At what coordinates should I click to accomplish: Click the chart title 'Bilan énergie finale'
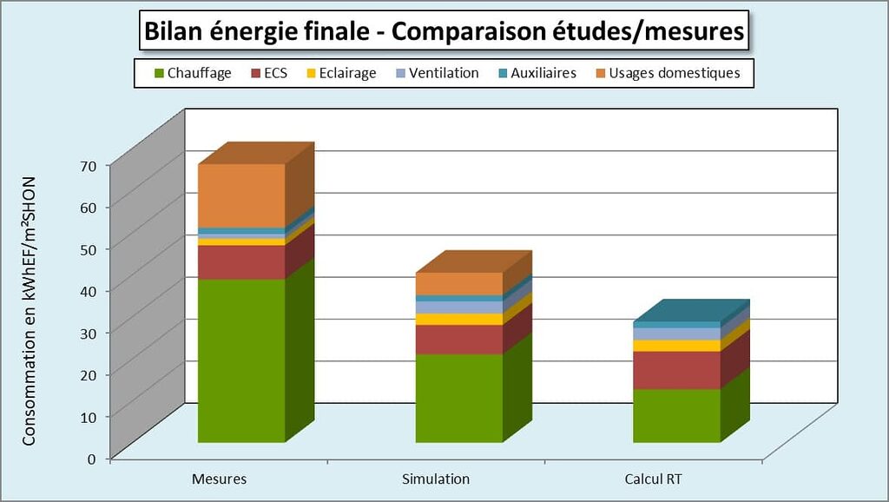pos(444,32)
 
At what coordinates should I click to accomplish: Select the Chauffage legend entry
pos(191,73)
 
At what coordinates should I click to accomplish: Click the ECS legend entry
pos(269,73)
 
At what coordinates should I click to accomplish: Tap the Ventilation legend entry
pos(437,73)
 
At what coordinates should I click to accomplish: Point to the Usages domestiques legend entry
pos(667,73)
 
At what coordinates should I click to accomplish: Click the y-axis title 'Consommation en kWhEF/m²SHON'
pos(30,310)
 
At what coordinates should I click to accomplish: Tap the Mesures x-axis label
pos(219,479)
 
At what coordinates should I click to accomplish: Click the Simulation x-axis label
pos(436,479)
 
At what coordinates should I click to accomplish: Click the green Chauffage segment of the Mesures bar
pos(241,360)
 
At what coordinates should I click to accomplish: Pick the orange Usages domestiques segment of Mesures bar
pos(241,195)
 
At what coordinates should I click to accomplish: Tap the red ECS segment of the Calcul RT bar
pos(676,370)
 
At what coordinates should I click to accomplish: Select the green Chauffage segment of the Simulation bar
pos(458,398)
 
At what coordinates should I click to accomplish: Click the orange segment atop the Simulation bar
pos(458,284)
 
